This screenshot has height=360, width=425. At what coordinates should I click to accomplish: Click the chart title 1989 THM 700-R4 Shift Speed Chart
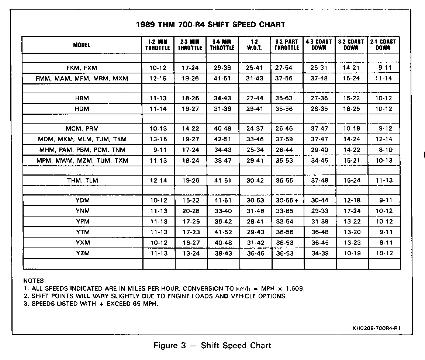tap(211, 25)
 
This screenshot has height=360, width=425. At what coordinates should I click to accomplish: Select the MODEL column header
tap(82, 45)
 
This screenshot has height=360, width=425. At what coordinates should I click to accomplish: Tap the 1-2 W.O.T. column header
tap(254, 45)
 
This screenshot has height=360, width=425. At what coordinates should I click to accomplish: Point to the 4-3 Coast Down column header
tap(319, 45)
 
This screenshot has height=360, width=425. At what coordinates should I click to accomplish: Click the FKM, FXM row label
tap(82, 68)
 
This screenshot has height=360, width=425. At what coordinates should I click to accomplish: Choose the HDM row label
tap(82, 109)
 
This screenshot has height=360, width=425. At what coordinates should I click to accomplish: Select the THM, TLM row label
tap(82, 180)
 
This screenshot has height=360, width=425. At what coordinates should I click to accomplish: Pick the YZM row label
tap(82, 253)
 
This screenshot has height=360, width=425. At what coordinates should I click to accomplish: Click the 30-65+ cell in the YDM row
tap(287, 200)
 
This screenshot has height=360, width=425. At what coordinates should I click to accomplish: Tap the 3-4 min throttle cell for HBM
tap(222, 98)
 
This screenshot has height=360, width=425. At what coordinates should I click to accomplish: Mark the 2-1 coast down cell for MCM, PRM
tap(383, 129)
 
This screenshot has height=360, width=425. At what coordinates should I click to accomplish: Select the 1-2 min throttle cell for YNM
tap(158, 211)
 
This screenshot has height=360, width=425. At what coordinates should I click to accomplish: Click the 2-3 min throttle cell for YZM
tap(190, 253)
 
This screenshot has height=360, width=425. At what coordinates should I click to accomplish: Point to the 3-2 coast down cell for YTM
tap(351, 232)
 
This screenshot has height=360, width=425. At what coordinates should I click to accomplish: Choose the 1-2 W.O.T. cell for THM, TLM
tap(255, 180)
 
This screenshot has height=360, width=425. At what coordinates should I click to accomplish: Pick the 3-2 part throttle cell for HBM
tap(287, 98)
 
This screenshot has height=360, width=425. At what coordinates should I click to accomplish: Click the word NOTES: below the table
tap(34, 281)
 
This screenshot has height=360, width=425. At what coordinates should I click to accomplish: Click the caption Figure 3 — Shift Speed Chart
tap(212, 346)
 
